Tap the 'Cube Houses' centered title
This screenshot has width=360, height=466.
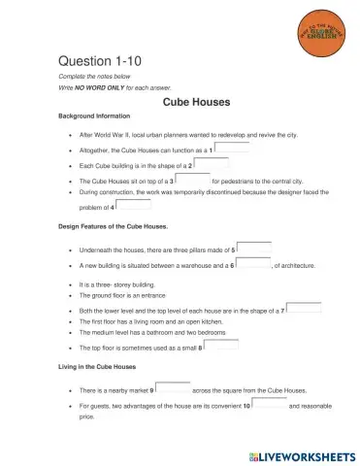(x=197, y=100)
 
